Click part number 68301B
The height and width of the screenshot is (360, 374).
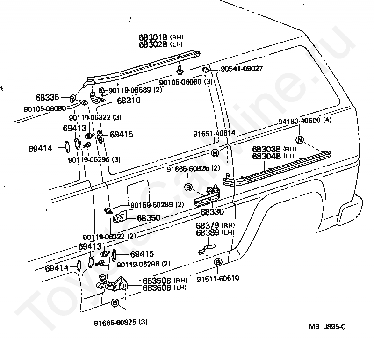pos(153,37)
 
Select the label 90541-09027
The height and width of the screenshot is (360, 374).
pos(242,69)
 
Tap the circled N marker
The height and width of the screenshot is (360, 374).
pos(300,140)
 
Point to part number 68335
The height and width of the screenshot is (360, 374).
pos(47,97)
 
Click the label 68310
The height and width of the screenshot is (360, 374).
pos(129,101)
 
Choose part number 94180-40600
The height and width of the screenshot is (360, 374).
pos(299,121)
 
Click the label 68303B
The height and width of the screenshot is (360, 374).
pos(266,149)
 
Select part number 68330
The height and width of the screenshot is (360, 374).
pos(212,212)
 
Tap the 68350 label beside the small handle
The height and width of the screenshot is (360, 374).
pos(149,218)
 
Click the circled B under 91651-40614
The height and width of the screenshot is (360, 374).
pos(215,153)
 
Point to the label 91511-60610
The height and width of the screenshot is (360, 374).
pos(218,278)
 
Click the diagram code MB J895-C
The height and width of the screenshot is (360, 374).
pos(327,327)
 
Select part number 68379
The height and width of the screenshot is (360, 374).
pos(208,225)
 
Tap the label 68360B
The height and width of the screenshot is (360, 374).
pos(157,288)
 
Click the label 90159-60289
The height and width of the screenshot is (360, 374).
pos(151,205)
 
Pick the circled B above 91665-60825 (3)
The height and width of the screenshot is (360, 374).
pos(115,303)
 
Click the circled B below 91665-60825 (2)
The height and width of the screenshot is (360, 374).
pos(188,187)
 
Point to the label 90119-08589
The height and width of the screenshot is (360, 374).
pos(130,90)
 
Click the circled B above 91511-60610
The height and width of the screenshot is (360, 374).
pos(217,262)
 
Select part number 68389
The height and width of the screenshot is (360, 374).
pos(208,233)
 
